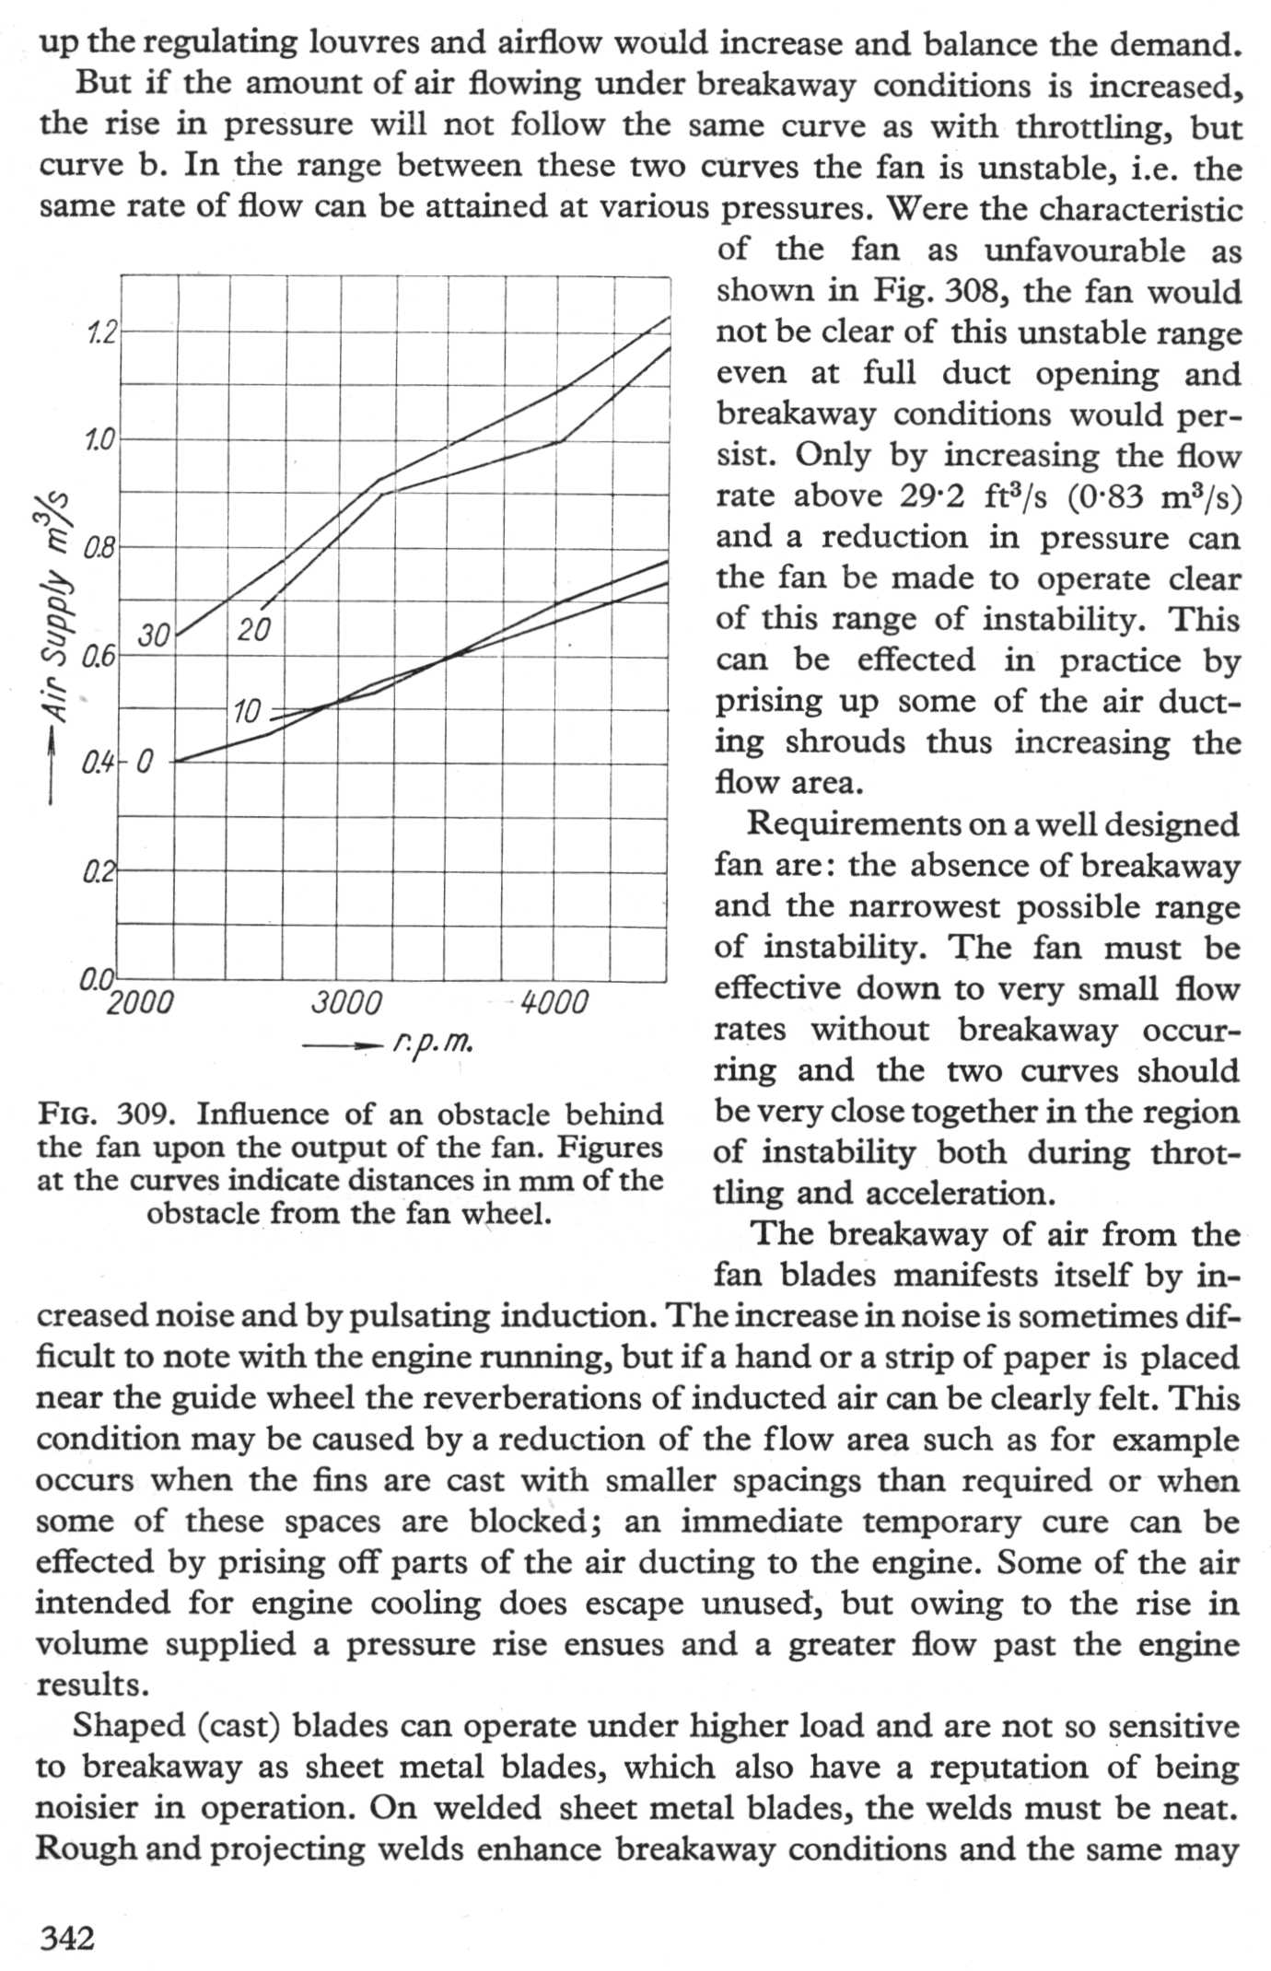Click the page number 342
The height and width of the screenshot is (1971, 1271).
67,1938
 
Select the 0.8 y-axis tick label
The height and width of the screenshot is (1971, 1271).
97,549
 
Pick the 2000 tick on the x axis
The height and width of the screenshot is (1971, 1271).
140,1002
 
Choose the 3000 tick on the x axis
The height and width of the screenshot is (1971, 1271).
345,1002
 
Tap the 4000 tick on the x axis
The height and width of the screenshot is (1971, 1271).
554,1002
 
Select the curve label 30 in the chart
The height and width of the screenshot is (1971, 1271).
154,636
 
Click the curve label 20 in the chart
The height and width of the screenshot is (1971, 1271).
253,630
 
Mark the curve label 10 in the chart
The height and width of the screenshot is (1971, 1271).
247,711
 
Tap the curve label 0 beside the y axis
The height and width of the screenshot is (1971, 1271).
146,763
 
